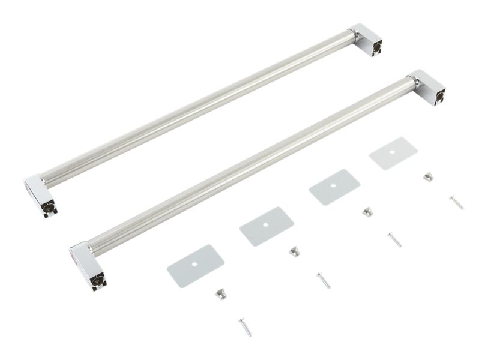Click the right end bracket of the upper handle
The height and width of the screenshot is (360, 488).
[367, 40]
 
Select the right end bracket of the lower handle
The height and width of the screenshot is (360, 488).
[427, 86]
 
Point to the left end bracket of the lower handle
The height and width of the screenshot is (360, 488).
[88, 265]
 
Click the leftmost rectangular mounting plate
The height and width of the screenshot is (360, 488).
[196, 265]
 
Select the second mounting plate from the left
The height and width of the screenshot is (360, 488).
[267, 226]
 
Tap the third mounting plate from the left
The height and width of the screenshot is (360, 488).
[334, 187]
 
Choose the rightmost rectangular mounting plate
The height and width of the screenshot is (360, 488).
[393, 153]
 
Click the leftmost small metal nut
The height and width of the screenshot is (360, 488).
[221, 293]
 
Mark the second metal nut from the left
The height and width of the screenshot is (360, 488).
[294, 251]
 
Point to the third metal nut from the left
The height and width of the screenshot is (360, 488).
[367, 211]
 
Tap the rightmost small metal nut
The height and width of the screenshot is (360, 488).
[428, 176]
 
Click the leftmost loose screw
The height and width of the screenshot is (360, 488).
[245, 327]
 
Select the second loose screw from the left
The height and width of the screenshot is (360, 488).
[324, 280]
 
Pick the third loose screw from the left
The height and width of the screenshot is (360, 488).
[394, 239]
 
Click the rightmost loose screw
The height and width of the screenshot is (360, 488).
[457, 202]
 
